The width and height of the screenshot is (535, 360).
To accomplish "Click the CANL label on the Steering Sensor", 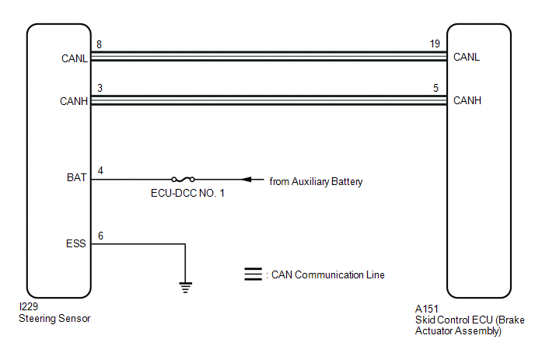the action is (75, 58).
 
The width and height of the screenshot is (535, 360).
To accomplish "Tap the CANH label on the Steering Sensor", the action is (74, 101).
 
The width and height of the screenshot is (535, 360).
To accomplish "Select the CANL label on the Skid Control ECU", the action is (467, 57).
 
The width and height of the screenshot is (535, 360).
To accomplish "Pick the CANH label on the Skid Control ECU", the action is (467, 100).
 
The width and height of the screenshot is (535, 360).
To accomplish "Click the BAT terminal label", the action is (76, 177).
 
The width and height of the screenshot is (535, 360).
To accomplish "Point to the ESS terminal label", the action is (75, 243).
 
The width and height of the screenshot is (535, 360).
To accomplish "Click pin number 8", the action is (99, 44).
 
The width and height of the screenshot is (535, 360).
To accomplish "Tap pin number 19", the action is (435, 44).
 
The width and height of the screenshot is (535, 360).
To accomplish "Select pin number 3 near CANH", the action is (100, 88).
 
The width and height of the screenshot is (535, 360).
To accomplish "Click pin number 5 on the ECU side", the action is (435, 88).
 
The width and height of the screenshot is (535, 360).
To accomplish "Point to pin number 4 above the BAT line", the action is (100, 170).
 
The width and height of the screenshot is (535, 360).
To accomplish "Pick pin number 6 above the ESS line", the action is (100, 236).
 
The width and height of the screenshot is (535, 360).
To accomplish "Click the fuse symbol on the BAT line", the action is (184, 179).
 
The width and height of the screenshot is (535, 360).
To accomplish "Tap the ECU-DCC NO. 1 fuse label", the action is (187, 193).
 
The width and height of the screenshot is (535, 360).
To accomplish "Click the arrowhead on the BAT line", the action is (247, 179).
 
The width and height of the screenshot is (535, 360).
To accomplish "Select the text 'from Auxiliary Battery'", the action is (316, 181).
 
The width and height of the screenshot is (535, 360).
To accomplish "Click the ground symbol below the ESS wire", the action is (185, 288).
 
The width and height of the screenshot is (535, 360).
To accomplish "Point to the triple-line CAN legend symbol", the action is (254, 274).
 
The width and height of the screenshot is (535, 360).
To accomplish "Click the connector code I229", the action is (29, 306).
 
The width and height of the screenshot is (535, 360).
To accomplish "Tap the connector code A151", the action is (426, 309).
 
